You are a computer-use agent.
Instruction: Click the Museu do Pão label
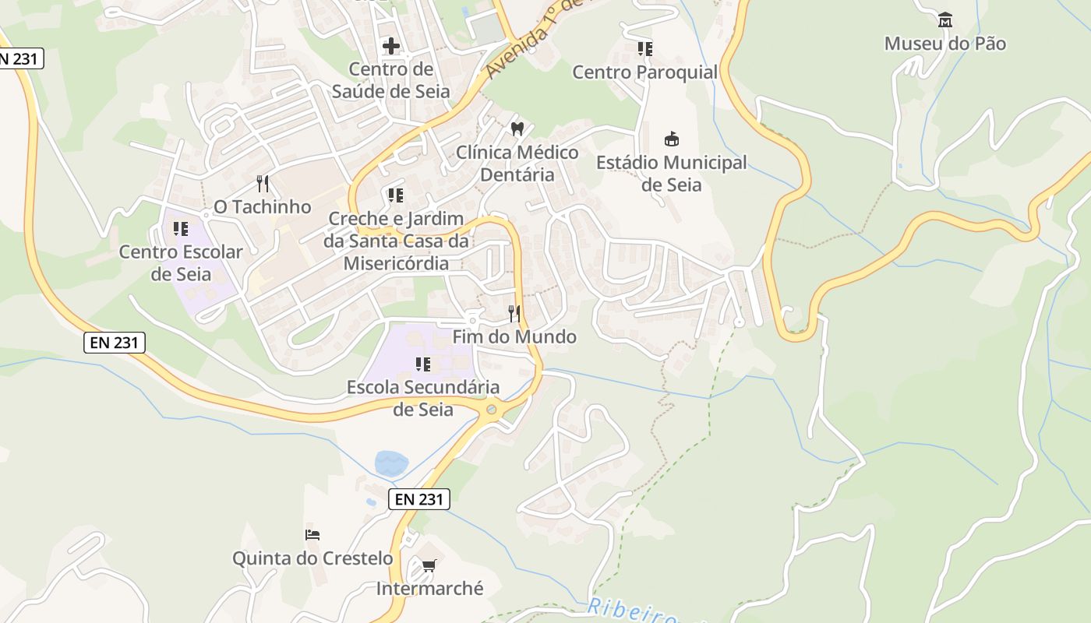pyautogui.click(x=944, y=44)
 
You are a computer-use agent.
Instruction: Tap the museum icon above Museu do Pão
pyautogui.click(x=945, y=19)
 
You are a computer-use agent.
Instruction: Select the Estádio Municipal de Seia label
pyautogui.click(x=671, y=174)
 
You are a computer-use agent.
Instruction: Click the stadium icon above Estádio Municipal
pyautogui.click(x=671, y=139)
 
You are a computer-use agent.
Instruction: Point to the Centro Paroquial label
pyautogui.click(x=644, y=72)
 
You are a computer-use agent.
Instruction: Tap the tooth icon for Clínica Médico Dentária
pyautogui.click(x=517, y=128)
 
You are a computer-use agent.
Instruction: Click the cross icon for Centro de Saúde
pyautogui.click(x=391, y=46)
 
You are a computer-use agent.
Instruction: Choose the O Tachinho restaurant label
pyautogui.click(x=263, y=207)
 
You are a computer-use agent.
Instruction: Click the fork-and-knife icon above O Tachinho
pyautogui.click(x=263, y=184)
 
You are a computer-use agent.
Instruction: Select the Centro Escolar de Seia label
pyautogui.click(x=181, y=263)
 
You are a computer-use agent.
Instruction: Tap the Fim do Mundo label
pyautogui.click(x=514, y=336)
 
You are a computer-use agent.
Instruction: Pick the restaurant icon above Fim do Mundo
pyautogui.click(x=514, y=314)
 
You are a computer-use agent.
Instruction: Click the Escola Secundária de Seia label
pyautogui.click(x=423, y=398)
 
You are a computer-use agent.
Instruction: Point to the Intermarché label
pyautogui.click(x=429, y=589)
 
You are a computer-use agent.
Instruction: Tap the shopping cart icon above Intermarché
pyautogui.click(x=429, y=565)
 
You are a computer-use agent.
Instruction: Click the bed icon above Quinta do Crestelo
pyautogui.click(x=312, y=535)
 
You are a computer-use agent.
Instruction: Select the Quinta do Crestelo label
pyautogui.click(x=312, y=558)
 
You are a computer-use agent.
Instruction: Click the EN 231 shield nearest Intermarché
pyautogui.click(x=419, y=499)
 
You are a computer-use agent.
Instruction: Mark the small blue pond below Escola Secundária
pyautogui.click(x=391, y=463)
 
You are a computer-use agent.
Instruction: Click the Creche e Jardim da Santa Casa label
pyautogui.click(x=397, y=241)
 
